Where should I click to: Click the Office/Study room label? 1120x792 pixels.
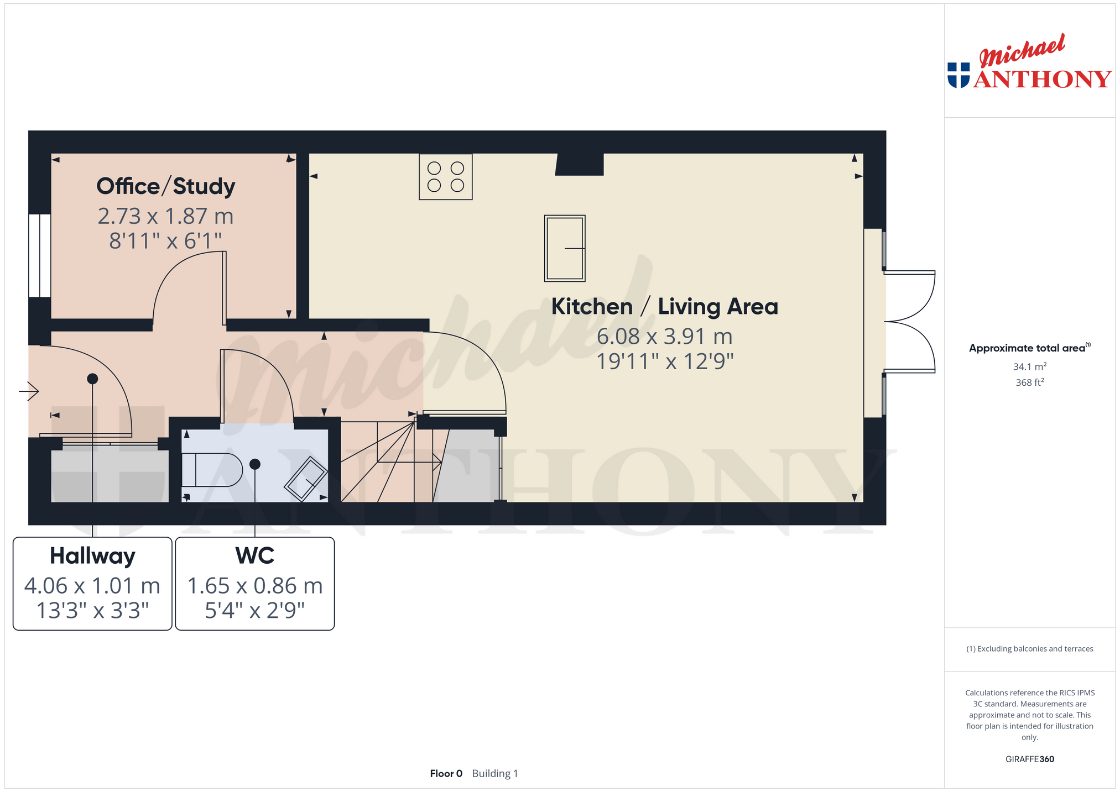[166, 186]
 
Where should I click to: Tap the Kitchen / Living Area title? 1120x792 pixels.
[664, 307]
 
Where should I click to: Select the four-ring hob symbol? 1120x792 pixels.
[446, 177]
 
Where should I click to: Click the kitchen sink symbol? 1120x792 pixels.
[565, 248]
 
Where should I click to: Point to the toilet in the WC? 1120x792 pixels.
[212, 470]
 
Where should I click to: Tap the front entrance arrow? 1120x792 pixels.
[29, 391]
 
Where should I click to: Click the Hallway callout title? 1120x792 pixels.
[92, 556]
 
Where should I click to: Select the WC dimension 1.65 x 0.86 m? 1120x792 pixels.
[255, 586]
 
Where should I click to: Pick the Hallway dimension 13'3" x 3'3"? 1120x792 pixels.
[92, 611]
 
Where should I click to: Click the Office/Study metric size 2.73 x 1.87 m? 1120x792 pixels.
[166, 216]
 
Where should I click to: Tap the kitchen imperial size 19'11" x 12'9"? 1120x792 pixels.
[665, 361]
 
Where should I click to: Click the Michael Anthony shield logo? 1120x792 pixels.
[958, 75]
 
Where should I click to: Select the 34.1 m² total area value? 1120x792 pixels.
[1030, 366]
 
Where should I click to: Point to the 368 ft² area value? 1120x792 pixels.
[1030, 382]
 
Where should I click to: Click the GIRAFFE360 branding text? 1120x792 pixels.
[1030, 759]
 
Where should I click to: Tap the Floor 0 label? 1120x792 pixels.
[446, 773]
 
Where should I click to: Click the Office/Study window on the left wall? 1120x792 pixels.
[40, 256]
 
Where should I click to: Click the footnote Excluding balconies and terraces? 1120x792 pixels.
[1030, 649]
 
